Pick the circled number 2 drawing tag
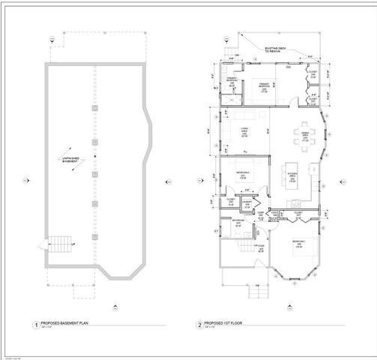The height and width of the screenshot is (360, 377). [x=199, y=326]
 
